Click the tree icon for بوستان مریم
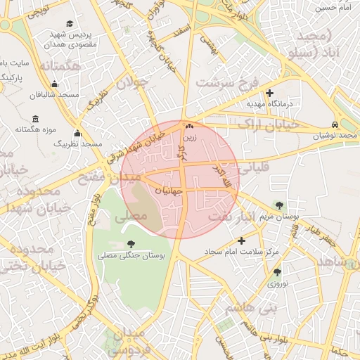(x=281, y=205)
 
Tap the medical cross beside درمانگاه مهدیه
(x=270, y=93)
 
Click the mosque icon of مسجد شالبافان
(x=35, y=91)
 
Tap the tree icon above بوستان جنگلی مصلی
(x=131, y=245)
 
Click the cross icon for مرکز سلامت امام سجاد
(x=242, y=240)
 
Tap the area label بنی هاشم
(x=250, y=308)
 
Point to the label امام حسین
(x=333, y=7)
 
